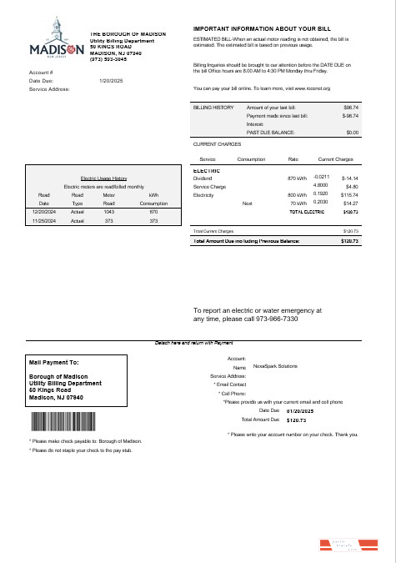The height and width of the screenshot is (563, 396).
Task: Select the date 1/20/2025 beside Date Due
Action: coord(111,80)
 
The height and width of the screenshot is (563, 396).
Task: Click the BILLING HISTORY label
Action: coord(213,108)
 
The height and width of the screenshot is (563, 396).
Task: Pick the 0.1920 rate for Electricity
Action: coord(321,194)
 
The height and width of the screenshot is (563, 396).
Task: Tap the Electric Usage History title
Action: coord(103,178)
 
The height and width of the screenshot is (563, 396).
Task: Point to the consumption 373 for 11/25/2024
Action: coord(153,221)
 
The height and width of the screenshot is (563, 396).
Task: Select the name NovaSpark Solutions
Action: coord(276,366)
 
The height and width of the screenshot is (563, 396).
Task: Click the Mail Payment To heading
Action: coord(54,363)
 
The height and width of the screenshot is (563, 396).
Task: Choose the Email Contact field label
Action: coord(232,384)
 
